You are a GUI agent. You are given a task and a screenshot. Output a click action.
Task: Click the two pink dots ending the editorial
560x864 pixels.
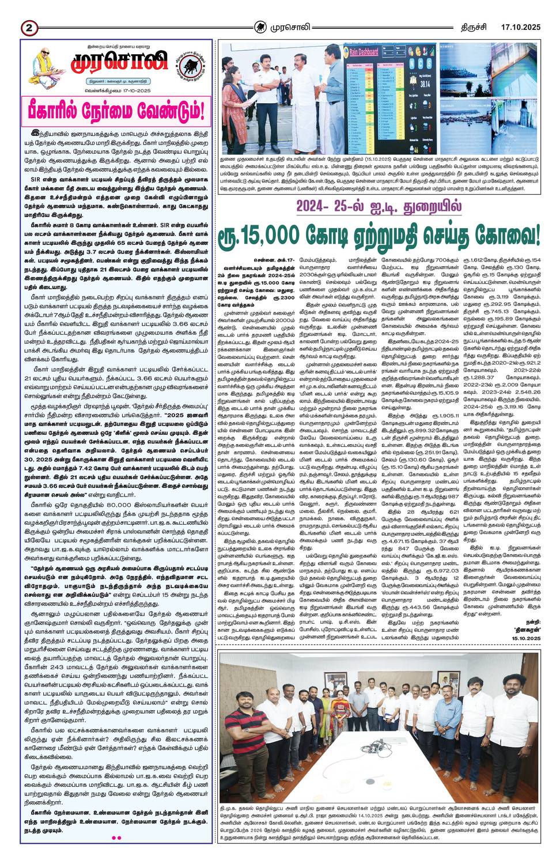pyautogui.click(x=116, y=838)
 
